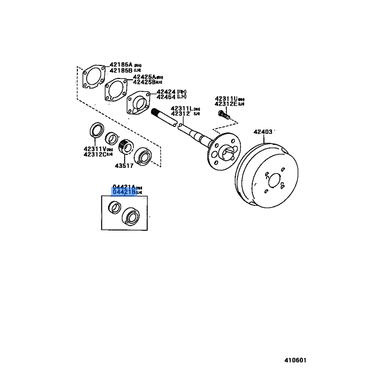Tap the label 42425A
pyautogui.click(x=144, y=77)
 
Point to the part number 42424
pyautogui.click(x=166, y=92)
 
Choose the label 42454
pyautogui.click(x=166, y=97)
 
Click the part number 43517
pyautogui.click(x=124, y=165)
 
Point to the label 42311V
pyautogui.click(x=95, y=149)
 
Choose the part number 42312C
pyautogui.click(x=95, y=155)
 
